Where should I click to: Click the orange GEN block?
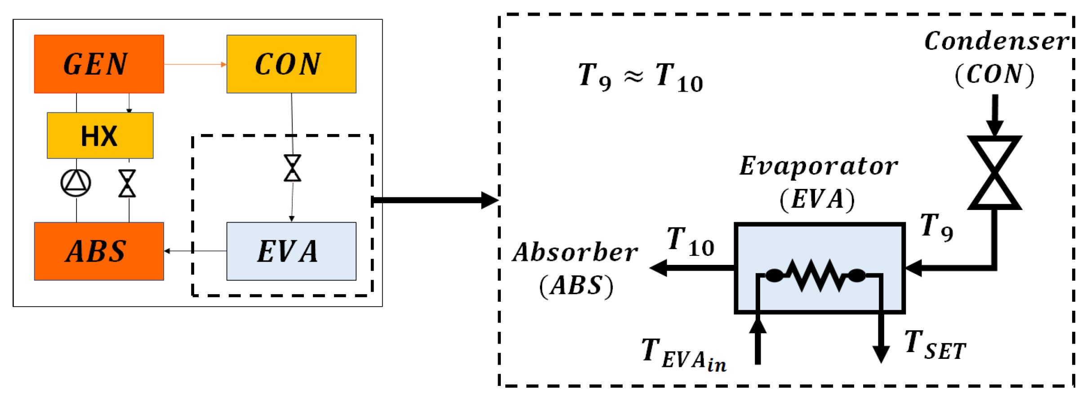click(x=99, y=64)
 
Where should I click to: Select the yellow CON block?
click(x=291, y=64)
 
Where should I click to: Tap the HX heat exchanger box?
click(x=100, y=135)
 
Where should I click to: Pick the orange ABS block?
click(x=99, y=251)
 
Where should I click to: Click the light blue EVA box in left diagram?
click(x=291, y=251)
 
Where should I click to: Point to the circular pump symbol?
click(x=76, y=183)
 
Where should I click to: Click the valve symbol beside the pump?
click(x=127, y=183)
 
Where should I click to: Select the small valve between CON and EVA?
click(x=293, y=168)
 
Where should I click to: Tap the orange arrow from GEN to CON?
click(x=195, y=64)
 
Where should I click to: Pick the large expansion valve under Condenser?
click(x=995, y=173)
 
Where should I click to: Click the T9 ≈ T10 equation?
click(x=640, y=76)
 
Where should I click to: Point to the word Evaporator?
click(x=819, y=166)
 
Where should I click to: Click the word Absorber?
click(x=575, y=252)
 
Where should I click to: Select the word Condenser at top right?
click(x=996, y=41)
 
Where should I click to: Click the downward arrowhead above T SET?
click(x=881, y=353)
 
